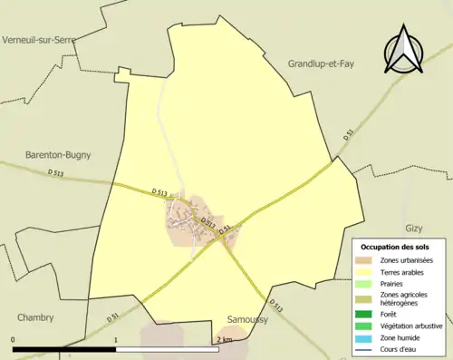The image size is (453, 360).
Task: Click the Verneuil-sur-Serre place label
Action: [x=39, y=40]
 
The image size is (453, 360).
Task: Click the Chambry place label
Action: [x=35, y=317]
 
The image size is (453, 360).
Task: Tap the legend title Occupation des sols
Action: [x=396, y=247]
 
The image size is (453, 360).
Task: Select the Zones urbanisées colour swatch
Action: [x=367, y=260]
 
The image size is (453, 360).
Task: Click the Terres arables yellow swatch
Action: [x=367, y=272]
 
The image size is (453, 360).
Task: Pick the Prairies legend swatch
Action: [x=367, y=284]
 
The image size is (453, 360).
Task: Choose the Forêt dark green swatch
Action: [x=367, y=315]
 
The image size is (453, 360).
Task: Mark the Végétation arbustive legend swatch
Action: [x=367, y=326]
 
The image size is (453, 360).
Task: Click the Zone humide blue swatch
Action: [x=367, y=338]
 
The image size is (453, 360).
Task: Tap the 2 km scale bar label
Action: [x=224, y=340]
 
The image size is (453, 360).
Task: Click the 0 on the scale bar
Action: [x=14, y=340]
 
